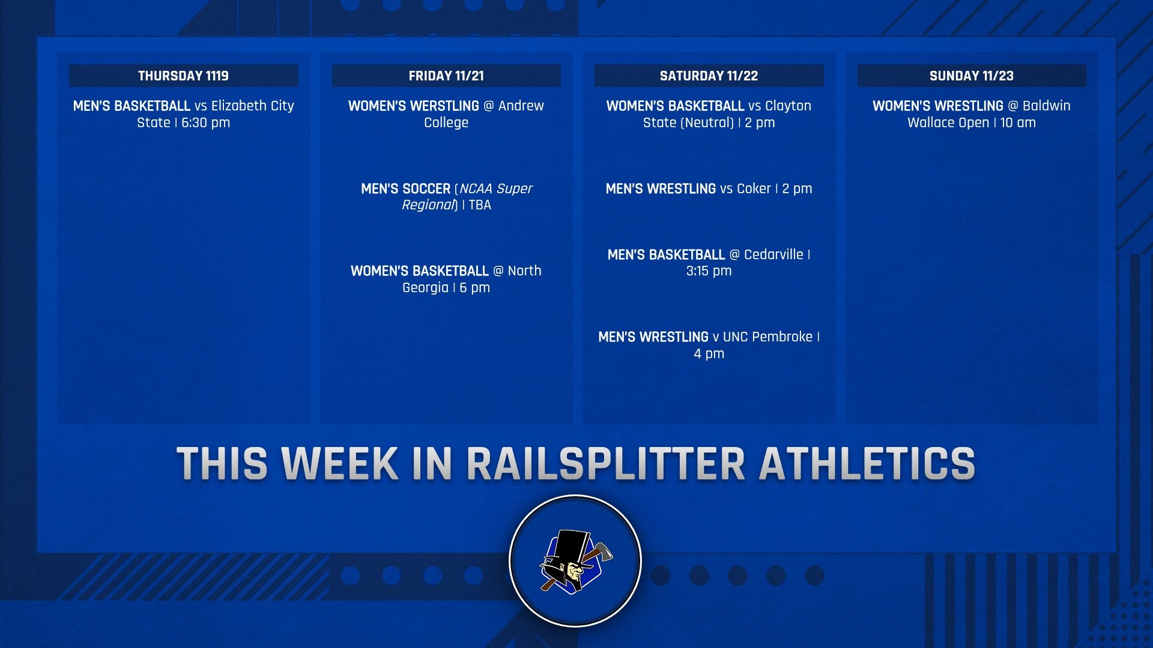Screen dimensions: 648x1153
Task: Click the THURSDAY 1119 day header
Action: pyautogui.click(x=183, y=76)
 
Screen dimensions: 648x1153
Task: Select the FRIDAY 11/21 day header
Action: pyautogui.click(x=446, y=76)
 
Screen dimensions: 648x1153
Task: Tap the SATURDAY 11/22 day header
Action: pyautogui.click(x=709, y=76)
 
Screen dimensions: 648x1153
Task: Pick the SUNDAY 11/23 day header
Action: pyautogui.click(x=971, y=76)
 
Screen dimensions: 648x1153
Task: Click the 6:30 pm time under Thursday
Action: pyautogui.click(x=205, y=122)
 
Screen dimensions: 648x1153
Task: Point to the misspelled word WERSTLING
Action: pyautogui.click(x=444, y=106)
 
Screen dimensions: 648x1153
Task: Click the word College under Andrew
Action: pyautogui.click(x=446, y=122)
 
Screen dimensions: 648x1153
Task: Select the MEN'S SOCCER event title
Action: pyautogui.click(x=405, y=188)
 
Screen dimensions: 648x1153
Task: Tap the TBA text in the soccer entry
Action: pyautogui.click(x=480, y=205)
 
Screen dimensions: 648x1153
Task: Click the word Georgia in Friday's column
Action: pyautogui.click(x=425, y=287)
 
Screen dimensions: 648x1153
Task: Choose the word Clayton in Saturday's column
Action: pyautogui.click(x=788, y=106)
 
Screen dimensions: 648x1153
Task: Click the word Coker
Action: pyautogui.click(x=754, y=188)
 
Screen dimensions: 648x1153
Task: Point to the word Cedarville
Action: pyautogui.click(x=773, y=254)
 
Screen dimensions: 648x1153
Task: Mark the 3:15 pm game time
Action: pyautogui.click(x=709, y=271)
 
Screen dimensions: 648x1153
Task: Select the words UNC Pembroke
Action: pyautogui.click(x=767, y=337)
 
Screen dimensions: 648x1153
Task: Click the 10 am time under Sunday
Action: pyautogui.click(x=1018, y=122)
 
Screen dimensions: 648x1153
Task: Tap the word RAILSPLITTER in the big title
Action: pyautogui.click(x=605, y=464)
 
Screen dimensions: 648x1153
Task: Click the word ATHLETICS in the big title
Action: pyautogui.click(x=867, y=464)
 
